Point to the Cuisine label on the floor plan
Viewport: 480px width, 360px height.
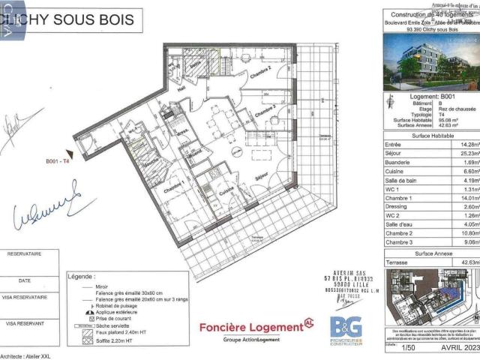228,190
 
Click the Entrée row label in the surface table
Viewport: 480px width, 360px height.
392,144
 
